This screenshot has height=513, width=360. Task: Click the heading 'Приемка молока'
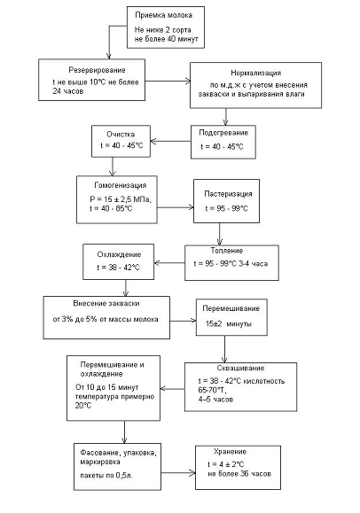tap(163, 15)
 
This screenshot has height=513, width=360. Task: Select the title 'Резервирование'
tap(97, 70)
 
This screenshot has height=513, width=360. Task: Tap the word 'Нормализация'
tap(256, 73)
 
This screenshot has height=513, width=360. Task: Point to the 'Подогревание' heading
tap(223, 133)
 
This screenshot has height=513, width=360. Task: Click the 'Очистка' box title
tap(121, 134)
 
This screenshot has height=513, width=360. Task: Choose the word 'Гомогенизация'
tap(121, 185)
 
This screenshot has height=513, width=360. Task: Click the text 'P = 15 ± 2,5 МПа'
tap(120, 199)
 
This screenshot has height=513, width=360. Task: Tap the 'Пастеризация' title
tap(228, 194)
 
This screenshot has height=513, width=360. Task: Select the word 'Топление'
tap(227, 251)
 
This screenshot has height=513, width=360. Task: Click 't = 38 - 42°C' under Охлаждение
tap(118, 268)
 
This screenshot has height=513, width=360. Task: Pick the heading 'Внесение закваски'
tap(106, 303)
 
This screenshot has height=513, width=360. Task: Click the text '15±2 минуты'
tap(229, 324)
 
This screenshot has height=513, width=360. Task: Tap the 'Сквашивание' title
tap(240, 368)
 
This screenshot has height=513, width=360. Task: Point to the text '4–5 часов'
tap(215, 399)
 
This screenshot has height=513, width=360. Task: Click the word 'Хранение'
tap(230, 452)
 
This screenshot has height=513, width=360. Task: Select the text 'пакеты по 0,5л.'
tap(106, 476)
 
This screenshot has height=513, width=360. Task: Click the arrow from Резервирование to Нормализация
tap(168, 82)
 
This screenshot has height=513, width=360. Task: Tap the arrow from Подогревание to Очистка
tap(170, 142)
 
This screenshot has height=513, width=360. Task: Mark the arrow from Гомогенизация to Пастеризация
tap(176, 207)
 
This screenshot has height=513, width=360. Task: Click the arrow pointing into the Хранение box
tap(178, 473)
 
